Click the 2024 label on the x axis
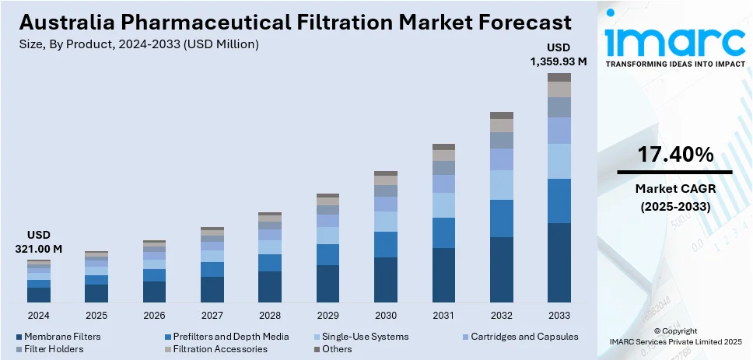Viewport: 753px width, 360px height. point(38,316)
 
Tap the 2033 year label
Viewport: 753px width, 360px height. point(559,316)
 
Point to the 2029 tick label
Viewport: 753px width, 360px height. point(327,316)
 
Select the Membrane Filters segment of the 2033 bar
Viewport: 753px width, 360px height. point(559,263)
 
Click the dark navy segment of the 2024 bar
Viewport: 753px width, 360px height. point(39,295)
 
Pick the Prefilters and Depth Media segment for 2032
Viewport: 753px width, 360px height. point(501,218)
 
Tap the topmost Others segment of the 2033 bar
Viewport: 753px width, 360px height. point(559,77)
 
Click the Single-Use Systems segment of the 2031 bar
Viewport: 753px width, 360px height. point(443,205)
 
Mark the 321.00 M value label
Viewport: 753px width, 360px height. point(38,249)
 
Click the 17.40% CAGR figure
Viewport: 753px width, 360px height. point(674,155)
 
